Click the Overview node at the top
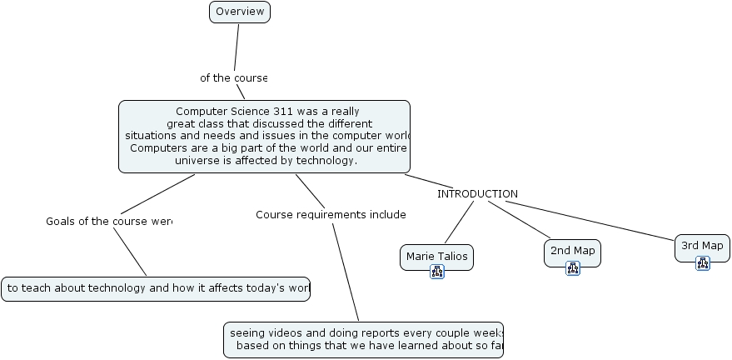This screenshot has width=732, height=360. click(x=240, y=12)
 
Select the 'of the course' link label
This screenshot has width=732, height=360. click(x=233, y=77)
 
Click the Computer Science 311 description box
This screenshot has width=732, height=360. click(x=264, y=136)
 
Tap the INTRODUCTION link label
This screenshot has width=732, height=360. click(x=477, y=194)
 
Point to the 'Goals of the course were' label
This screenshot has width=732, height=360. click(x=108, y=222)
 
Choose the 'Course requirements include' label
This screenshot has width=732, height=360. click(x=330, y=215)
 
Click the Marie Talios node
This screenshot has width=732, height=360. click(x=436, y=256)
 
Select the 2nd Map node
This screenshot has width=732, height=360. click(x=572, y=251)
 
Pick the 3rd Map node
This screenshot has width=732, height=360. click(x=702, y=246)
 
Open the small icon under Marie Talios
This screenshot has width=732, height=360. click(x=437, y=272)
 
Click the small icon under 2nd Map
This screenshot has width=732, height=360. click(x=573, y=268)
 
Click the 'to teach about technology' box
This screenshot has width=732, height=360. click(x=156, y=288)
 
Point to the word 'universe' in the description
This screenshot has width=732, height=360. click(x=197, y=161)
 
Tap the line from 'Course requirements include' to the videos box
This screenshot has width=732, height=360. click(x=346, y=271)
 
